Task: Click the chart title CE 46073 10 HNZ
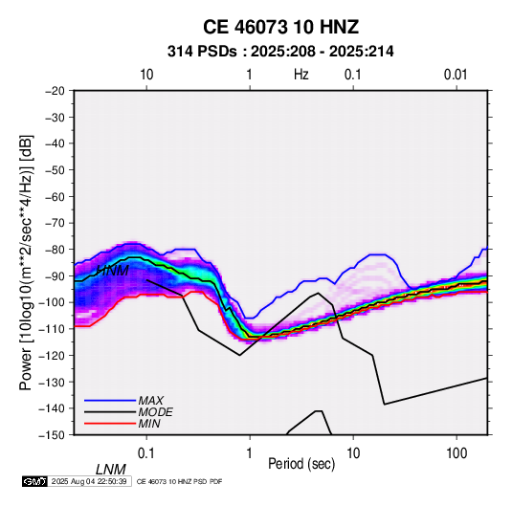[280, 27]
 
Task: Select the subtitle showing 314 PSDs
[280, 52]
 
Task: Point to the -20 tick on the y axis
[55, 91]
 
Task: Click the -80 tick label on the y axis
[55, 250]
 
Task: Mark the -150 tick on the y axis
[52, 435]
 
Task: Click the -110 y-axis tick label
[52, 329]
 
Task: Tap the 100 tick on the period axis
[456, 453]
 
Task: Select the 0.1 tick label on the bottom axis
[146, 453]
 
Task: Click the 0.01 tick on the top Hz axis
[456, 75]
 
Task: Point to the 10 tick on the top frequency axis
[146, 75]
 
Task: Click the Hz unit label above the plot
[301, 75]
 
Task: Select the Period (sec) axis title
[301, 464]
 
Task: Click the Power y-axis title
[26, 263]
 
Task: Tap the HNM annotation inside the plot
[113, 271]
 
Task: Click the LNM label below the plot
[111, 470]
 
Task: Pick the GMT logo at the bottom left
[35, 481]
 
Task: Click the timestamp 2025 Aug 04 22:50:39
[89, 481]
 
